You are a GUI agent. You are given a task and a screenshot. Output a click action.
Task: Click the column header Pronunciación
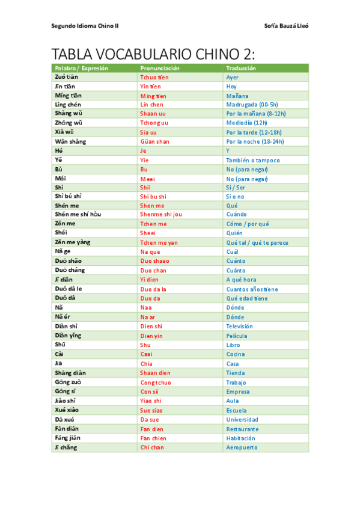(x=160, y=68)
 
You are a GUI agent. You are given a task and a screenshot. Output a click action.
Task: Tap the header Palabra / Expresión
(x=81, y=68)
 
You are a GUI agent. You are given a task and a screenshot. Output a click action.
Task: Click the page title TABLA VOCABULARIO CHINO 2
(x=153, y=53)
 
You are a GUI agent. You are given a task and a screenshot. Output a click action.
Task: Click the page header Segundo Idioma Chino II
(x=86, y=26)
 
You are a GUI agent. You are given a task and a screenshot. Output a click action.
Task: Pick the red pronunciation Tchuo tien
(x=154, y=78)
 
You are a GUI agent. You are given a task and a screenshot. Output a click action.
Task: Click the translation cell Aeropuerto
(x=242, y=447)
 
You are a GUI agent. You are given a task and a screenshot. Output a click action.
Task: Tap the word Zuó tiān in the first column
(x=68, y=77)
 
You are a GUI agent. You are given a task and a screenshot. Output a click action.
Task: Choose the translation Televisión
(x=239, y=326)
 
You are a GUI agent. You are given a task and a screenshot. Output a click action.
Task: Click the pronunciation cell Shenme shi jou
(x=161, y=215)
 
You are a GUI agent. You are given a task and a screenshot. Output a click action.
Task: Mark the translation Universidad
(x=242, y=419)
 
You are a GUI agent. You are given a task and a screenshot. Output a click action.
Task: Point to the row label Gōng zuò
(x=68, y=382)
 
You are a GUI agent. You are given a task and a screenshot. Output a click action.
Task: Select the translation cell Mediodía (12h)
(x=246, y=123)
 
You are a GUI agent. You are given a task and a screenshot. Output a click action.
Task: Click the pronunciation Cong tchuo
(x=156, y=382)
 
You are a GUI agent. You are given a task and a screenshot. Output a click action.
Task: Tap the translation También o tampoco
(x=253, y=161)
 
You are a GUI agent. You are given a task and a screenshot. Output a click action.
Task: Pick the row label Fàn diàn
(x=67, y=429)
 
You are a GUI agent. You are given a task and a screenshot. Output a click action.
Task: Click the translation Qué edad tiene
(x=247, y=298)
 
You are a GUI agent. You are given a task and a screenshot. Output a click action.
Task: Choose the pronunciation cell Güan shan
(x=155, y=142)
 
